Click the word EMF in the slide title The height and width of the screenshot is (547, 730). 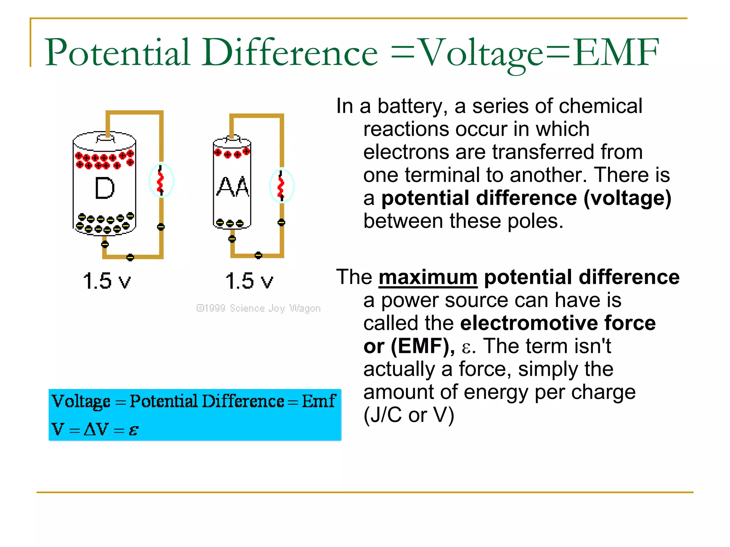(x=616, y=53)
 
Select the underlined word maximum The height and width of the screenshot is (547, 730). (x=428, y=277)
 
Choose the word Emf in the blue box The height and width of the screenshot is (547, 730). (x=319, y=401)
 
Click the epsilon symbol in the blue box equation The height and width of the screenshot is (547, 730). (x=133, y=430)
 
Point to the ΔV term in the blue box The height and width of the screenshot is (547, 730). (x=96, y=429)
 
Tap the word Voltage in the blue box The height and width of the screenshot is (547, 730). (x=81, y=401)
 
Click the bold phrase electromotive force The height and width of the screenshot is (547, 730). (x=558, y=323)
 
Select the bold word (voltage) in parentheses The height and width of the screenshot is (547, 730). (x=627, y=198)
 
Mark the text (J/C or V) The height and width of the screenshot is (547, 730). (x=409, y=415)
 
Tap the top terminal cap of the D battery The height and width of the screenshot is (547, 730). (x=106, y=138)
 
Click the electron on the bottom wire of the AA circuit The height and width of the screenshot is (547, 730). (x=258, y=255)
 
